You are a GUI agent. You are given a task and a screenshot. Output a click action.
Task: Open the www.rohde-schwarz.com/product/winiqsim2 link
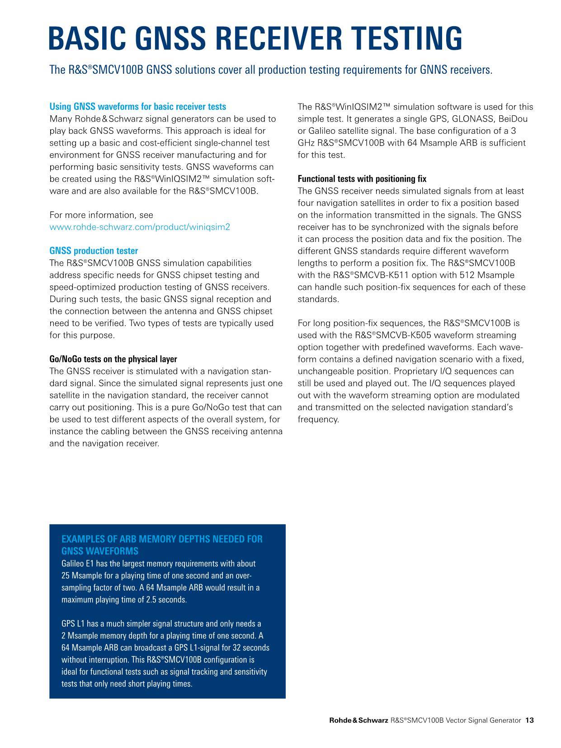coord(139,227)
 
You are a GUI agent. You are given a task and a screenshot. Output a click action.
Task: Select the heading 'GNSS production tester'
coord(94,251)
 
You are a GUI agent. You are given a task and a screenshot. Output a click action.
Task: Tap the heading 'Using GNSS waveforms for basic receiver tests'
coord(137,107)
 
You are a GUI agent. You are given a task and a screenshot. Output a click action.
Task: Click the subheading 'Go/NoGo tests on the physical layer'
coord(113,359)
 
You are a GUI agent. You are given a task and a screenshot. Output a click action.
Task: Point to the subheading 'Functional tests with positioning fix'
coord(362,179)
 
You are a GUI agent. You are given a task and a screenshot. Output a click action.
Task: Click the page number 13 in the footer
coord(530,720)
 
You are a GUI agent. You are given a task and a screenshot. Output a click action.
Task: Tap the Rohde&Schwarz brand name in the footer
coord(358,720)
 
